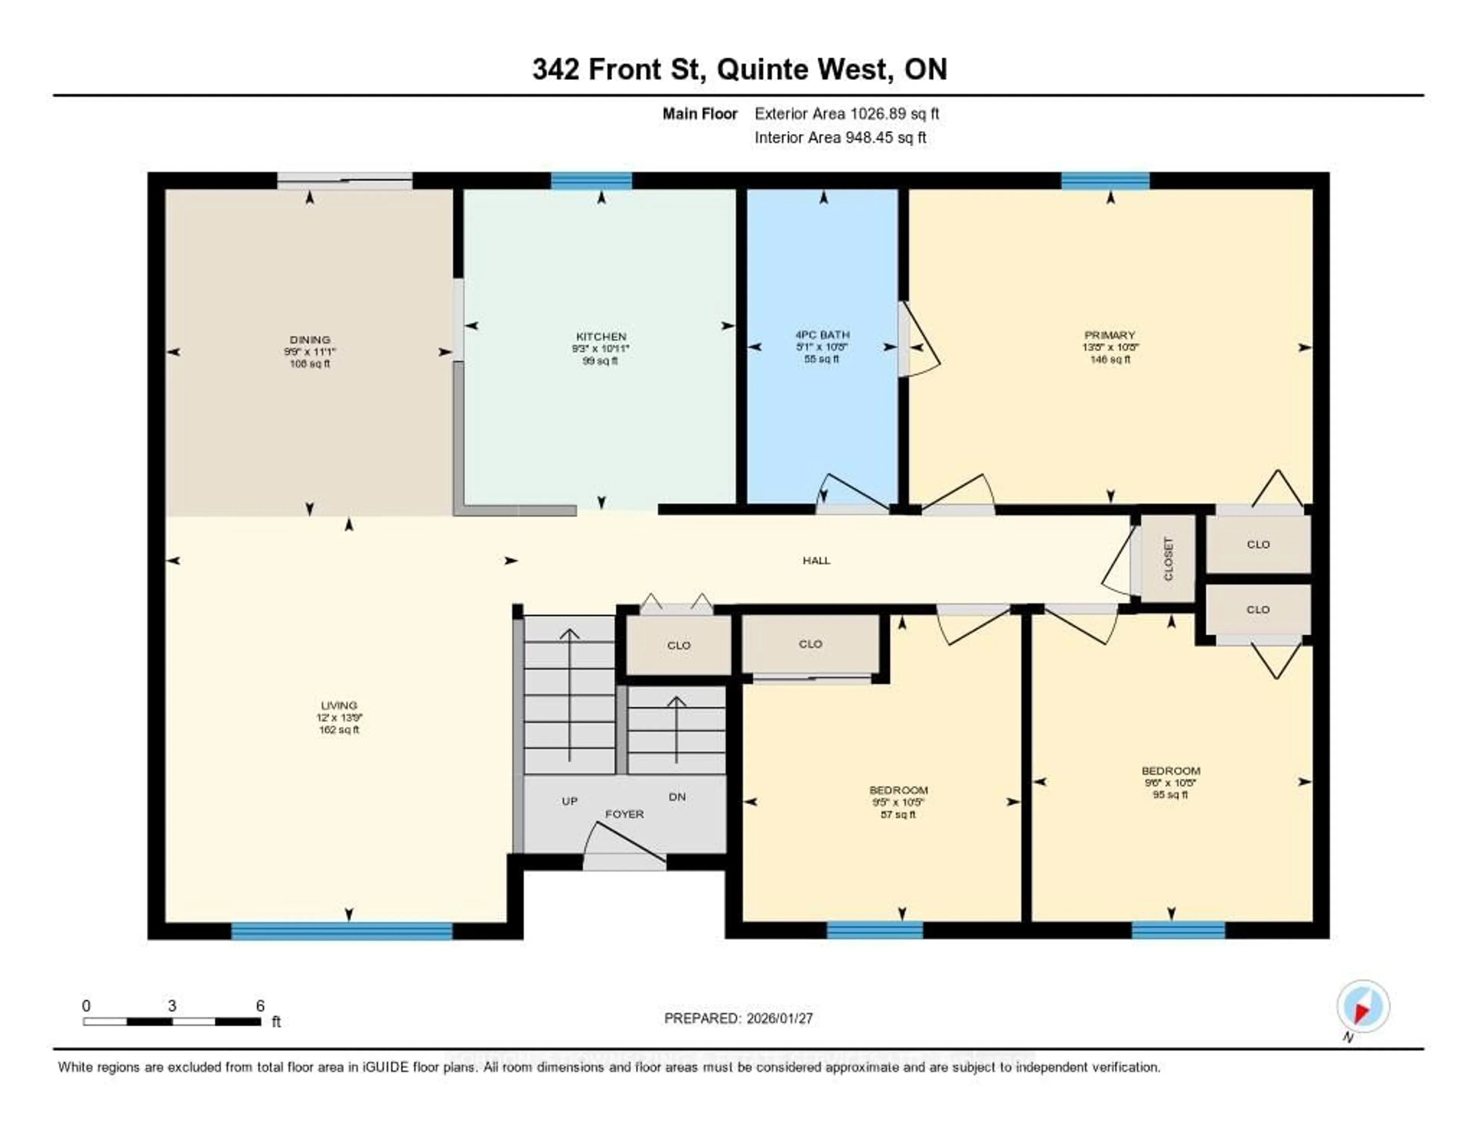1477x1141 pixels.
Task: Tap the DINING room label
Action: tap(310, 340)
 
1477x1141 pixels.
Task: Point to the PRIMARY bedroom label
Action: tap(1109, 335)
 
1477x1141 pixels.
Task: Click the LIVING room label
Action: tap(339, 705)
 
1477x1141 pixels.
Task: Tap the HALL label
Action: tap(816, 560)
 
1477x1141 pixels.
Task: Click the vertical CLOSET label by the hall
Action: tap(1168, 559)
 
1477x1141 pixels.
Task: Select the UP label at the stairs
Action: tap(569, 801)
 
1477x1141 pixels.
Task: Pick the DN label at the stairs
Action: tap(677, 797)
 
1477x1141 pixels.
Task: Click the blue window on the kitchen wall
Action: tap(591, 180)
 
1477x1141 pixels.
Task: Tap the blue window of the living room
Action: tap(342, 931)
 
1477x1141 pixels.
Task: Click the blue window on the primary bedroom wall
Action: tap(1104, 180)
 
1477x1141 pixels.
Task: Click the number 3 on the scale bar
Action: tap(172, 1006)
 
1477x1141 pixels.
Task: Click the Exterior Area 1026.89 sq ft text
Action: tap(847, 113)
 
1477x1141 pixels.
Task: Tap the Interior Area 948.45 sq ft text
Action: tap(840, 137)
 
